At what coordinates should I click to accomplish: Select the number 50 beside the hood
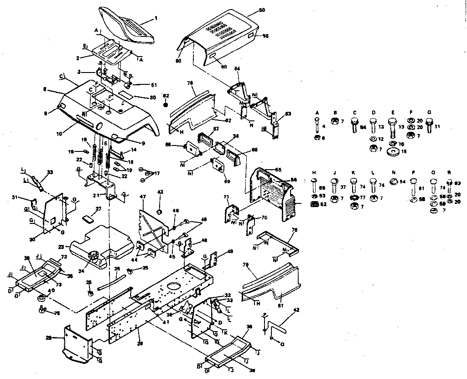[x=262, y=10]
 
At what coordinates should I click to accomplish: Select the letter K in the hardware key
[x=353, y=173]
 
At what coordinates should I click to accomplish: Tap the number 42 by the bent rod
[x=296, y=311]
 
